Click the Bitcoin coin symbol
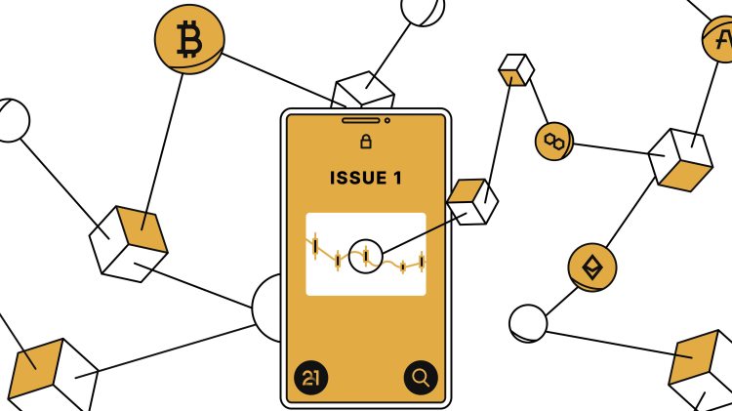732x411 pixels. (188, 42)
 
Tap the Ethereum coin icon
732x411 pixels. (592, 267)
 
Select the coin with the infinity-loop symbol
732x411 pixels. (554, 142)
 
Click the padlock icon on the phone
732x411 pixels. (366, 143)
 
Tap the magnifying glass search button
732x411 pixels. (421, 377)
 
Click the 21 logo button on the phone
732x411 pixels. (310, 377)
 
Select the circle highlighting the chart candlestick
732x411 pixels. (365, 256)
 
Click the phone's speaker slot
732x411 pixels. (361, 121)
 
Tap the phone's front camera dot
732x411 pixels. (387, 121)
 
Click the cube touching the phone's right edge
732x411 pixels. (472, 200)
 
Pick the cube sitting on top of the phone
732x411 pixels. (363, 92)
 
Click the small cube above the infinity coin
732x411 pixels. (514, 69)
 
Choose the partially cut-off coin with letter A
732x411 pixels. (720, 40)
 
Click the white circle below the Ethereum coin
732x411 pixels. (529, 322)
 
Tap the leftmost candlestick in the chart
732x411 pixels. (316, 245)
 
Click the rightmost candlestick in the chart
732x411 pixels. (422, 261)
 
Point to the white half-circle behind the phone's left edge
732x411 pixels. (267, 307)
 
